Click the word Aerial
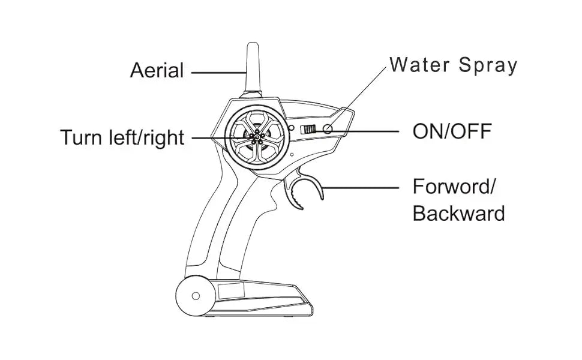click(157, 71)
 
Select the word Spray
click(487, 65)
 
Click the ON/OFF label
click(452, 131)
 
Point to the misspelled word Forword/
click(454, 187)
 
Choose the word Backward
click(458, 213)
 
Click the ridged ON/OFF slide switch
click(308, 129)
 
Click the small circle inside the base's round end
click(195, 295)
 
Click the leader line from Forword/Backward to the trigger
click(360, 188)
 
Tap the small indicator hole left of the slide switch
click(292, 128)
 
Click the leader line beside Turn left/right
click(210, 137)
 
